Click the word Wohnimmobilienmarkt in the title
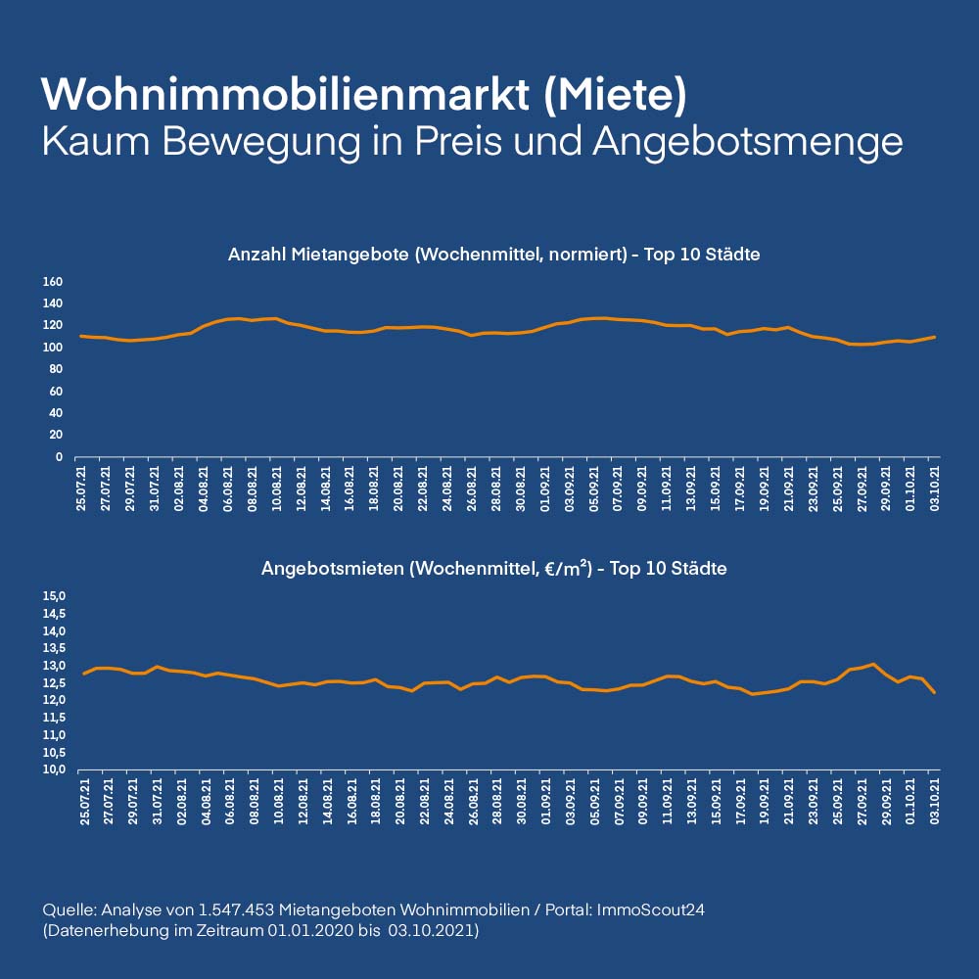click(284, 94)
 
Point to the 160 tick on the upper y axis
click(53, 282)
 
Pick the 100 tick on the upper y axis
click(53, 348)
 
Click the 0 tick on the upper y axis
click(58, 457)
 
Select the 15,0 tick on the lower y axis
click(53, 596)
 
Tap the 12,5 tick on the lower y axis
click(53, 683)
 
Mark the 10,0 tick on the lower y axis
click(53, 769)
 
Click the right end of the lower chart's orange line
click(935, 692)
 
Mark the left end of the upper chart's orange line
click(81, 336)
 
